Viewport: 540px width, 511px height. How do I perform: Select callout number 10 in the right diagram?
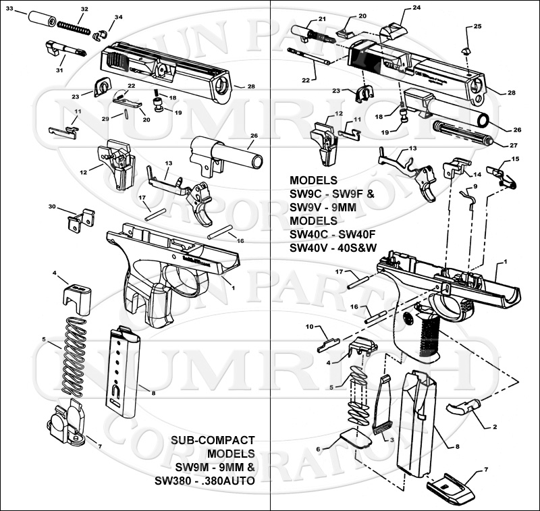point(309,327)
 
